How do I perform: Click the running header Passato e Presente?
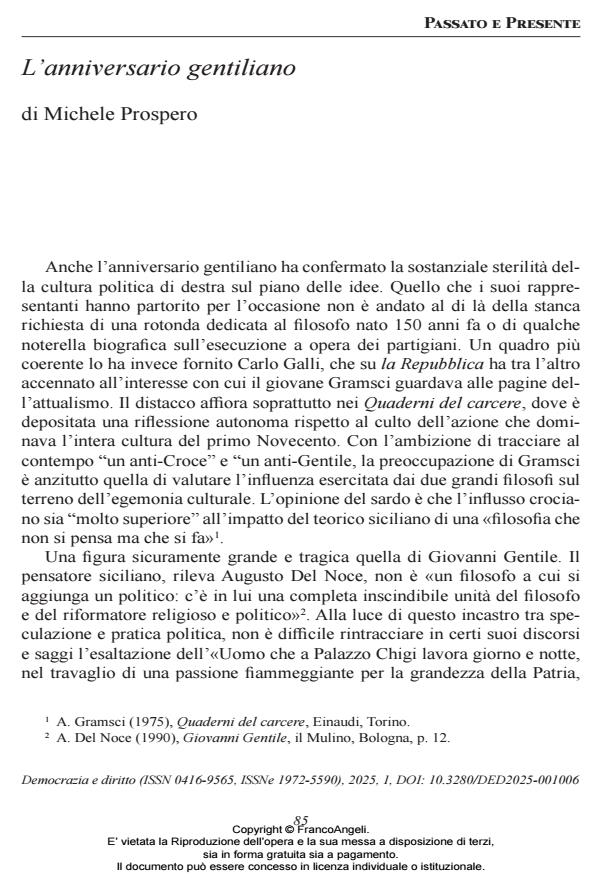tap(516, 22)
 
